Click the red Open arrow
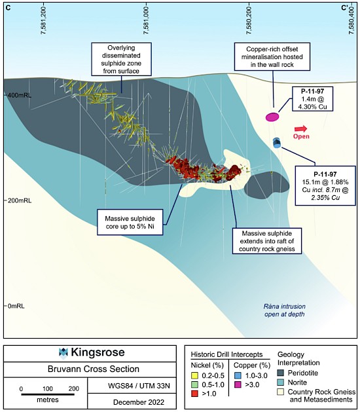[x=300, y=129]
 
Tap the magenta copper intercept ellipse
[x=272, y=117]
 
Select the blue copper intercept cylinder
[x=277, y=143]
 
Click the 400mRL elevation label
[x=19, y=96]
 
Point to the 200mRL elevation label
[x=19, y=200]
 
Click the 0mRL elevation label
[x=16, y=306]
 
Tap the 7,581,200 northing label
[x=43, y=20]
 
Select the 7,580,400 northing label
[x=351, y=20]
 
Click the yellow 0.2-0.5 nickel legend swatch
[x=194, y=375]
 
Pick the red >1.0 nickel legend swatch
[x=194, y=394]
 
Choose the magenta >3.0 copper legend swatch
[x=237, y=384]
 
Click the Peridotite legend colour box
[x=281, y=373]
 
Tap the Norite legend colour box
[x=281, y=383]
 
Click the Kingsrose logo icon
[x=63, y=352]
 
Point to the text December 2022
[x=139, y=402]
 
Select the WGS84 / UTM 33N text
[x=139, y=386]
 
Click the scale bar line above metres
[x=48, y=394]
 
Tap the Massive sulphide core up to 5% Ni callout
[x=130, y=222]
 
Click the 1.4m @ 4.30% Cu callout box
[x=312, y=99]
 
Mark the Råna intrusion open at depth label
[x=284, y=310]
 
